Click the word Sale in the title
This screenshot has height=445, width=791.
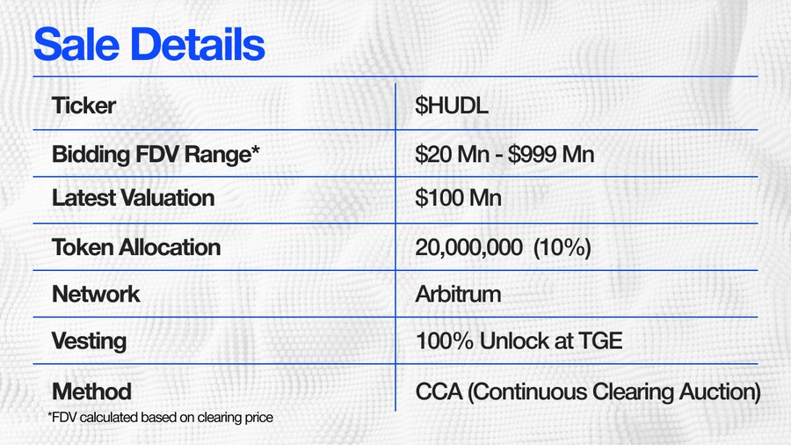coord(76,44)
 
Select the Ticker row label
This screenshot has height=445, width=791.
coord(83,106)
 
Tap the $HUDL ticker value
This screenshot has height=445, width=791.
coord(452,106)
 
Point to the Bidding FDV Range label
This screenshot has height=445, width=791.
coord(156,155)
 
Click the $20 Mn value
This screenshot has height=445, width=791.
coord(452,154)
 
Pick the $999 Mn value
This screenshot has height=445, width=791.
coord(551,154)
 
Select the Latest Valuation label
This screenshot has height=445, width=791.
coord(134,198)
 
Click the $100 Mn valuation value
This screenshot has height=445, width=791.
coord(458,198)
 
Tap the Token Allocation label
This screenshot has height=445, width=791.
coord(136,247)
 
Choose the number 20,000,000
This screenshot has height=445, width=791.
coord(468,247)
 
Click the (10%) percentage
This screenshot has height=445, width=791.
coord(562,247)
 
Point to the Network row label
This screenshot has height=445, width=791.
coord(96,294)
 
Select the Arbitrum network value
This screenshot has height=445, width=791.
coord(458,294)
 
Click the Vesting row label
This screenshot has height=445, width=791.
coord(89,341)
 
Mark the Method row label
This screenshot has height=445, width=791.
coord(91,391)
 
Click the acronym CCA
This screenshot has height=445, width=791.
coord(439,391)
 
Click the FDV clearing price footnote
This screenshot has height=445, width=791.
coord(161,418)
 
